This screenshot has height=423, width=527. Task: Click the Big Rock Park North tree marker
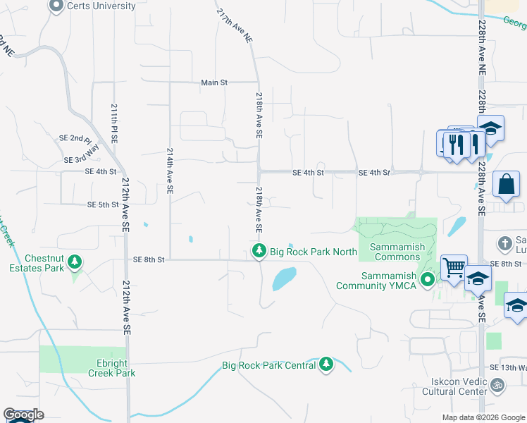pos(260,251)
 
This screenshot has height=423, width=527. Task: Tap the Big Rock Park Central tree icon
pos(325,364)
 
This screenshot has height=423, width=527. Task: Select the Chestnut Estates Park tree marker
pos(74,264)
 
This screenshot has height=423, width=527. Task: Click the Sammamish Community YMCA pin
pos(427,281)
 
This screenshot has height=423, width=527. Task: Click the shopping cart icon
pos(454,268)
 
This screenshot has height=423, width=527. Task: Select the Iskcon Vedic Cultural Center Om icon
pos(497,385)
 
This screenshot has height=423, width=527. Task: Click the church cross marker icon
pos(504,244)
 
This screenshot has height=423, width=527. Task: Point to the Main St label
pos(214,82)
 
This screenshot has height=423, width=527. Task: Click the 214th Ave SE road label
pos(170,171)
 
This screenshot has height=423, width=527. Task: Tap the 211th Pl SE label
pos(114,124)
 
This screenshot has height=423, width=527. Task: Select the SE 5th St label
pos(103,205)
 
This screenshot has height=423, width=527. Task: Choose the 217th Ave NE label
pos(235,27)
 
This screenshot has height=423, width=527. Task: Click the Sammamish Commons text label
pos(395,252)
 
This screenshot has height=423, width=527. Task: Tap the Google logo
pos(23,415)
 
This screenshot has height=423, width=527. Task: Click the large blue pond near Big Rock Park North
pos(285,278)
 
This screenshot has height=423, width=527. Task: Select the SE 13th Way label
pos(507,368)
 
